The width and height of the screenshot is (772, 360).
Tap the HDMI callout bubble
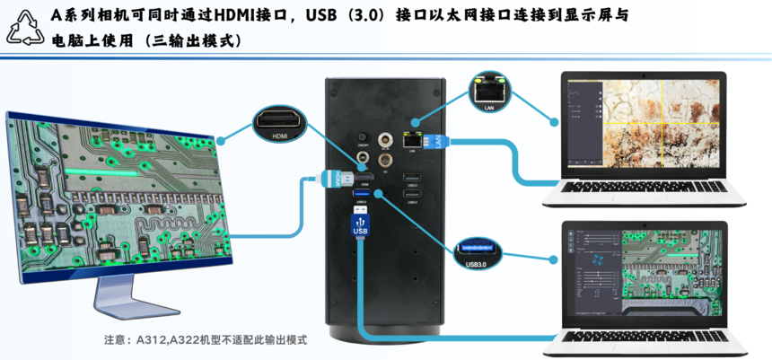(280, 126)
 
